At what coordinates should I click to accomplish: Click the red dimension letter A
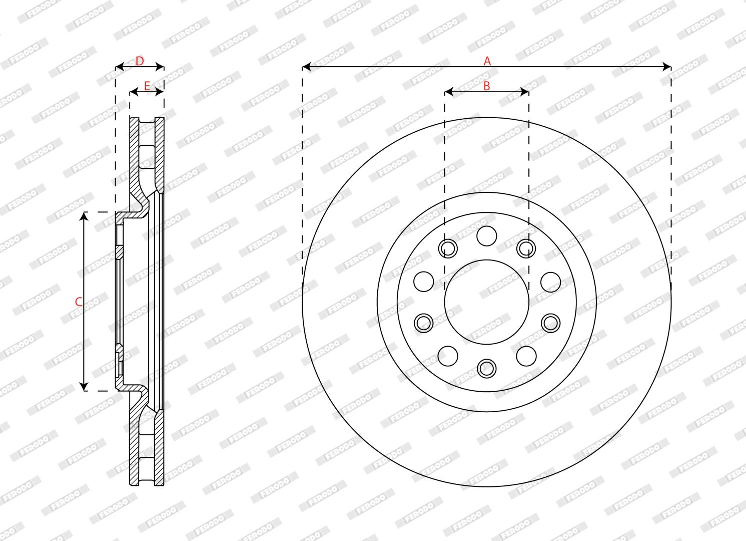pos(487,61)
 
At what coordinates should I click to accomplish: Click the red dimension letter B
pos(486,86)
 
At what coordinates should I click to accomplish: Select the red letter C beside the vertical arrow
pos(79,302)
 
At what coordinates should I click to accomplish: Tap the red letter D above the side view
pos(140,61)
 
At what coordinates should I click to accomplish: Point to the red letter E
pos(147,86)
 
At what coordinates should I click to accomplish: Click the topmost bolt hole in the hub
pos(486,236)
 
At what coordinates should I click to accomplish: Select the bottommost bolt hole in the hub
pos(486,368)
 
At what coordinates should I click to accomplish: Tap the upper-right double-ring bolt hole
pos(526,248)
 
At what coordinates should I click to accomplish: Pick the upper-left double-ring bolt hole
pos(448,248)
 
